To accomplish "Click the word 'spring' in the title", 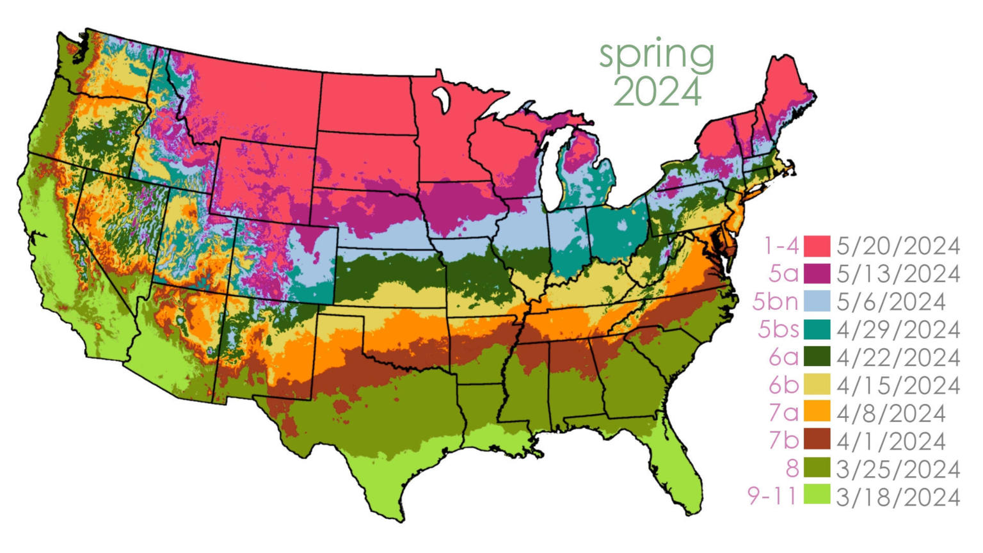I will [657, 56].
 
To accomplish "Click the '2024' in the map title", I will [658, 92].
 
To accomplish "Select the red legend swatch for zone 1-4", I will [817, 246].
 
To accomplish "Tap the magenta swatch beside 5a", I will [817, 273].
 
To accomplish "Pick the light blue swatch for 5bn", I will [817, 301].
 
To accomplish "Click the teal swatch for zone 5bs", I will [817, 330].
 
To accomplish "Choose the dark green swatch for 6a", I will [817, 357].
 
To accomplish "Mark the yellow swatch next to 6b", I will [817, 385].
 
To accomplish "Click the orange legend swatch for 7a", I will [817, 413].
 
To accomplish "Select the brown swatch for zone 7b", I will [817, 441].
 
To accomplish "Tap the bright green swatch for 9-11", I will [817, 496].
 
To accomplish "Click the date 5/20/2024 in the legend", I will [898, 246].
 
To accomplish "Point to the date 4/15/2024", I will [898, 385].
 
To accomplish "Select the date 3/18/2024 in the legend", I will [898, 497].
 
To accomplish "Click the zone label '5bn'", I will [776, 301].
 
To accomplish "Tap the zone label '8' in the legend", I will [792, 469].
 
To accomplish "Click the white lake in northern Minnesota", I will [440, 99].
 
